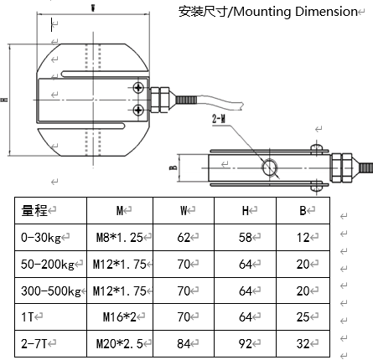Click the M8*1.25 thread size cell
pos(120,237)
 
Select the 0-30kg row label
pos(41,238)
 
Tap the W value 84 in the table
pos(184,344)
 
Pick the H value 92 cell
pos(246,344)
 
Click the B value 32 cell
pos(303,344)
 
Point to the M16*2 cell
pos(120,317)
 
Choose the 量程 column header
pos(34,210)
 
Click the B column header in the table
pos(303,210)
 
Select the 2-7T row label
pos(34,344)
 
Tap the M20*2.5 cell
pos(120,344)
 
